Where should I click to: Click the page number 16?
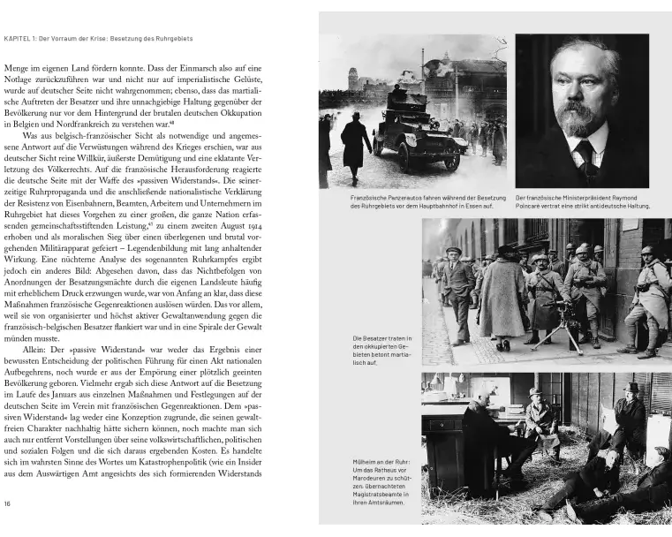8,503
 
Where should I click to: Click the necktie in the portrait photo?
585,162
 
